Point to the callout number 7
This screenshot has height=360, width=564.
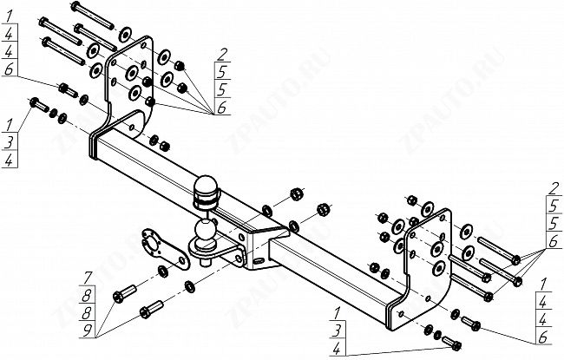88,278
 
